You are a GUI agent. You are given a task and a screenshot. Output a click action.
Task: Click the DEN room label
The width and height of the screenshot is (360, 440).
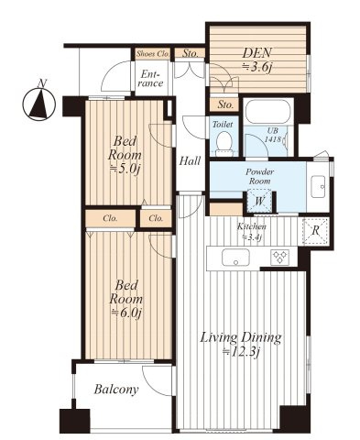click(x=256, y=53)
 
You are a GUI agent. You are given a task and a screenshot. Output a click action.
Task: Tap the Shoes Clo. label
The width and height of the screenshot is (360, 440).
click(x=153, y=54)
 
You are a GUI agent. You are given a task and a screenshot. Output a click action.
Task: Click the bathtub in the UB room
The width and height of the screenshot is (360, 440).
click(x=267, y=111)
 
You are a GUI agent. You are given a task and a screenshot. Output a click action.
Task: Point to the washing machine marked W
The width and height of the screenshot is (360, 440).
click(x=259, y=201)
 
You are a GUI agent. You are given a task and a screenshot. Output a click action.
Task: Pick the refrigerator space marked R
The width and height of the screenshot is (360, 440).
click(x=316, y=231)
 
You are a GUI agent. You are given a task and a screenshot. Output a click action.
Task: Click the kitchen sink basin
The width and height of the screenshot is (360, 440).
click(x=235, y=257)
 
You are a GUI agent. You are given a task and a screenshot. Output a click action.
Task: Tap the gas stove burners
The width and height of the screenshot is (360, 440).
click(x=279, y=257)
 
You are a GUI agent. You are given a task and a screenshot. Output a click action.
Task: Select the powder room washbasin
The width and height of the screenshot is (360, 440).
click(x=319, y=187)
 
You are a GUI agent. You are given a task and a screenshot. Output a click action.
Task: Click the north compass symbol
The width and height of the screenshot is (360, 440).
click(x=39, y=102)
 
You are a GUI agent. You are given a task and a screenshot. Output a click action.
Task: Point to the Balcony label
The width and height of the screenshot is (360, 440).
click(x=116, y=390)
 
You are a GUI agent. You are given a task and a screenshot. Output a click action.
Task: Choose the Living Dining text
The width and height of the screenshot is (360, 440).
click(x=241, y=337)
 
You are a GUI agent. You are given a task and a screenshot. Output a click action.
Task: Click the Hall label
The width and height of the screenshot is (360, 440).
click(x=190, y=160)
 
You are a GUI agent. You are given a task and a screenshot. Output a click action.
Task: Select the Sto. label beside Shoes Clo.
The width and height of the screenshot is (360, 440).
click(x=190, y=54)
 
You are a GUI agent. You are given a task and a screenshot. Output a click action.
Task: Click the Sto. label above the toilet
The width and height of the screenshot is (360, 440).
click(x=225, y=104)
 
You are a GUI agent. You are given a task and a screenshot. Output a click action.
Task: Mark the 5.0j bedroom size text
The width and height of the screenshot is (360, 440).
click(x=125, y=169)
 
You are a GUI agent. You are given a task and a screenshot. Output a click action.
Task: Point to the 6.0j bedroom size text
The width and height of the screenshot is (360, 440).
click(x=126, y=313)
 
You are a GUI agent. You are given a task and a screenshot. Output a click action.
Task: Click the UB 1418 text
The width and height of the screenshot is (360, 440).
click(x=272, y=135)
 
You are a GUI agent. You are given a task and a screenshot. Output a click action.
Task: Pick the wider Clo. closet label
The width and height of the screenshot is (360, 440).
click(x=110, y=218)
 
